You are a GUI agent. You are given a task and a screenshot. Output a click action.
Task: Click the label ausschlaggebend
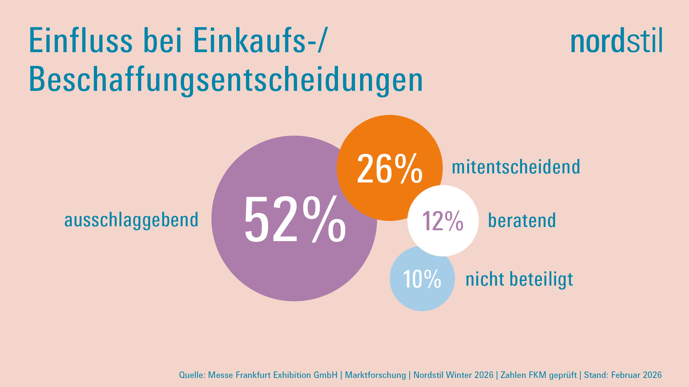(x=131, y=220)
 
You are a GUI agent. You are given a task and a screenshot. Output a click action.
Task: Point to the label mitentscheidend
(x=516, y=167)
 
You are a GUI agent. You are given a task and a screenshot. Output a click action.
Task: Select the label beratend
(x=522, y=220)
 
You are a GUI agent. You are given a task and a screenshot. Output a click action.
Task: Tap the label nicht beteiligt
(x=519, y=279)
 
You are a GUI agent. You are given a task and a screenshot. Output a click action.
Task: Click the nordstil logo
(x=616, y=41)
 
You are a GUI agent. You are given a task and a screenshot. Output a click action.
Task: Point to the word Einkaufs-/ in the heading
(x=259, y=41)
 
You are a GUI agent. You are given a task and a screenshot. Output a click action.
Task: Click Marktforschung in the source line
(x=375, y=375)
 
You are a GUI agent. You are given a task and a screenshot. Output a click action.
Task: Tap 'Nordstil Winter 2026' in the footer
(x=453, y=375)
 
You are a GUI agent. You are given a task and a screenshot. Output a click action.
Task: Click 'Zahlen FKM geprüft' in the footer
(x=538, y=375)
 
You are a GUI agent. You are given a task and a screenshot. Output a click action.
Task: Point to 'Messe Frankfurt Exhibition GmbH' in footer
(x=273, y=375)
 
